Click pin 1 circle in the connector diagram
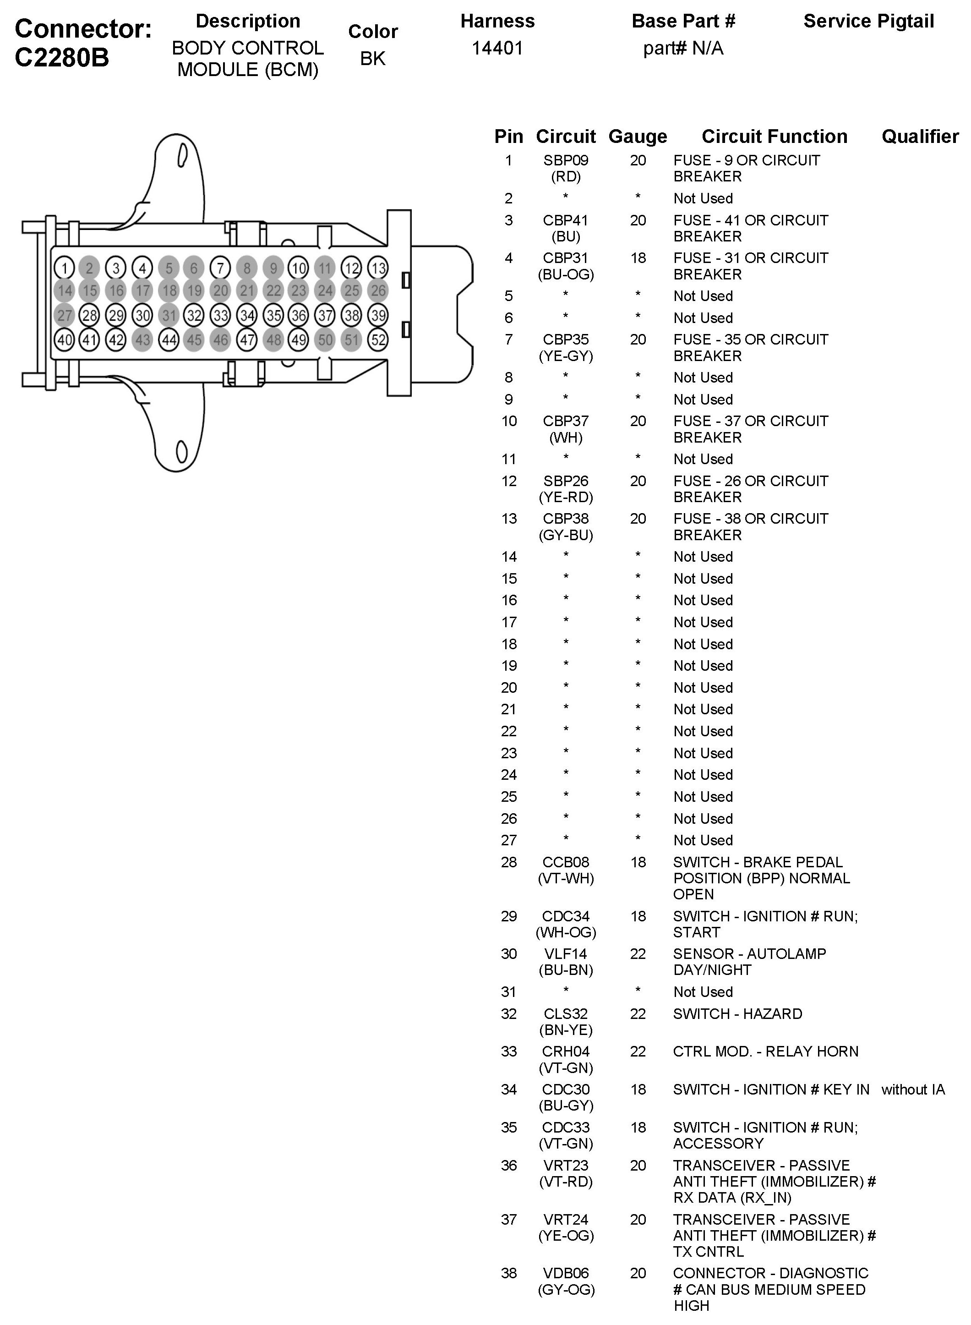pos(64,268)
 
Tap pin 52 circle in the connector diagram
pos(378,340)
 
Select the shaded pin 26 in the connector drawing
pos(378,290)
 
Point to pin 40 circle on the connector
pos(64,340)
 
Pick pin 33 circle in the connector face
pos(220,316)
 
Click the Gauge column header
pos(638,137)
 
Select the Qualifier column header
pos(920,137)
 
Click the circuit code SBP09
pos(566,160)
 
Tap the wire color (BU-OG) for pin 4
pos(566,274)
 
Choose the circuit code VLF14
pos(566,953)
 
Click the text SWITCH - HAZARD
pos(738,1013)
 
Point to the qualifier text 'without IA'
pos(913,1089)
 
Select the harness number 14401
pos(497,48)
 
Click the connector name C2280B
pos(62,58)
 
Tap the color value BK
pos(373,58)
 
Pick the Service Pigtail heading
pos(869,21)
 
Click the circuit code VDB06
pos(566,1273)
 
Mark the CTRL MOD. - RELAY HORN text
pos(765,1051)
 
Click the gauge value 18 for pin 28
pos(638,862)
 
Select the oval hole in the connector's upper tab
pos(182,155)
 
